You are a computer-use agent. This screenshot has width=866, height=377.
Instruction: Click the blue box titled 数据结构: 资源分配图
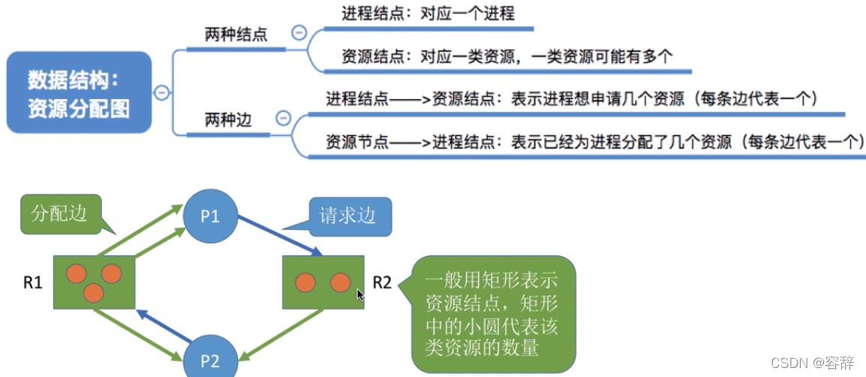point(79,93)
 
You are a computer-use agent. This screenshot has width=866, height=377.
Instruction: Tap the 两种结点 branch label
point(236,35)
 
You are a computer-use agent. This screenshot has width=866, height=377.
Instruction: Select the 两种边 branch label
point(228,119)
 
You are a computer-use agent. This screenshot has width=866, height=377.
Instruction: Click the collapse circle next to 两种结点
point(299,33)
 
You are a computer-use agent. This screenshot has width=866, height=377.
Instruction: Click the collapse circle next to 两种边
point(283,118)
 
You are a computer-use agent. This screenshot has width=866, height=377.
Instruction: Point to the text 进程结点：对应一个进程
point(428,14)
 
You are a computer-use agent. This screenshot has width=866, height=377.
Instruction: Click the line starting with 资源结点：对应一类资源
point(507,56)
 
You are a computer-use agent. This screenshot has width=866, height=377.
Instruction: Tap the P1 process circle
point(210,218)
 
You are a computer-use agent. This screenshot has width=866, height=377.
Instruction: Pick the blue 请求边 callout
point(347,216)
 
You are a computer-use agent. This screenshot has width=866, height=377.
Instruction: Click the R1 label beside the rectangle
point(32,283)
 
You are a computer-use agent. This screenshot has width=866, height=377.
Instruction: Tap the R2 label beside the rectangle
point(383,283)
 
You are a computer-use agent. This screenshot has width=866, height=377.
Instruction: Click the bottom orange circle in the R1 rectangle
point(93,292)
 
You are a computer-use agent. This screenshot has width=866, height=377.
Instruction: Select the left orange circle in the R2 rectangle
point(304,282)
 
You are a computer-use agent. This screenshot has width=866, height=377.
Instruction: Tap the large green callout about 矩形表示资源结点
point(494,314)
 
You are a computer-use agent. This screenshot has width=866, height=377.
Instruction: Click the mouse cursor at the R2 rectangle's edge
point(360,294)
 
